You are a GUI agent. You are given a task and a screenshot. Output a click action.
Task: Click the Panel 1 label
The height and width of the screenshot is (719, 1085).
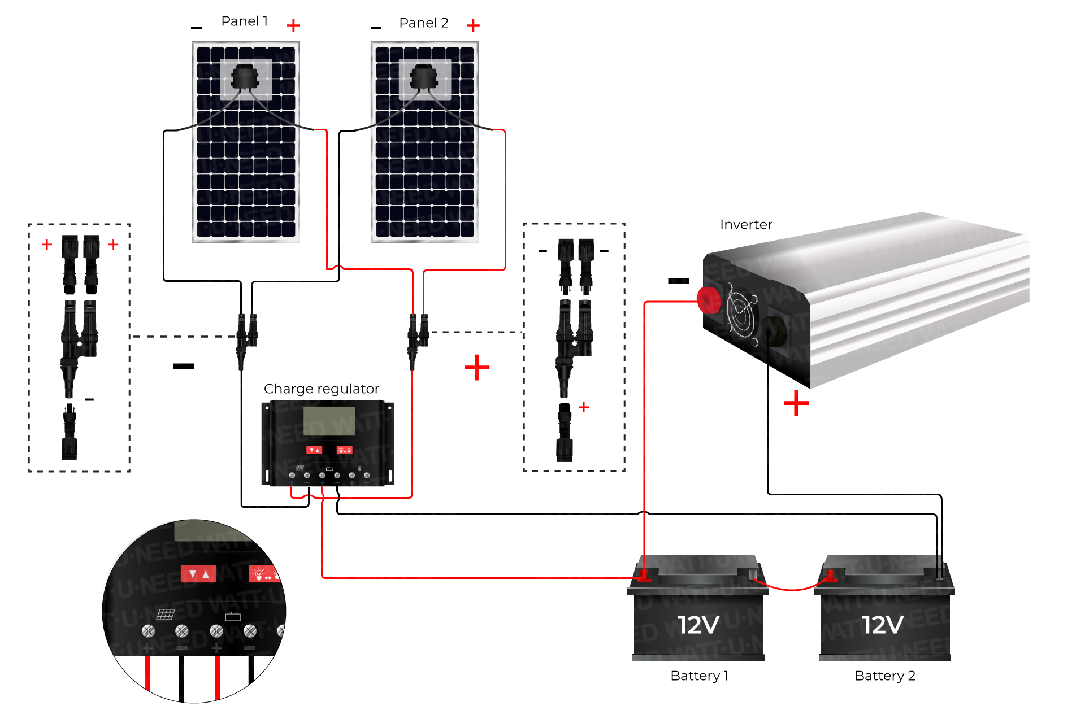point(244,21)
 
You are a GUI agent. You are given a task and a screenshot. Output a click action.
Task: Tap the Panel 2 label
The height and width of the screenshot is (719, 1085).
point(423,23)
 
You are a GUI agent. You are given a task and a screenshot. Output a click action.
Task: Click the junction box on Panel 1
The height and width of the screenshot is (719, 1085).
point(245,78)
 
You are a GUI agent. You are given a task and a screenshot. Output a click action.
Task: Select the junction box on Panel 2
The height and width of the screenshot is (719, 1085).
point(424,78)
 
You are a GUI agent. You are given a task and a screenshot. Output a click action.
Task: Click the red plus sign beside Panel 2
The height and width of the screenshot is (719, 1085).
point(473,25)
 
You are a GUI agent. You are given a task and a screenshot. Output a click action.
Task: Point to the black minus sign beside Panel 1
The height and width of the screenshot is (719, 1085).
point(196,28)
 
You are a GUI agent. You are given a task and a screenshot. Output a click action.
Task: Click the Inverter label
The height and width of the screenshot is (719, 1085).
point(745,225)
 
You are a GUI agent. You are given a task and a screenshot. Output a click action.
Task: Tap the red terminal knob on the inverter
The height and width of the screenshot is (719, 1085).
point(709,300)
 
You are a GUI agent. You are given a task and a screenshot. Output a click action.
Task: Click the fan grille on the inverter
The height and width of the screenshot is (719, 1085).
point(741,314)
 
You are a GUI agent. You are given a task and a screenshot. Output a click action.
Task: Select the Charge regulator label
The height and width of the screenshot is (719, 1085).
point(321,389)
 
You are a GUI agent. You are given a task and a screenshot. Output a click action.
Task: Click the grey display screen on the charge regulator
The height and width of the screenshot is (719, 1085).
point(329,421)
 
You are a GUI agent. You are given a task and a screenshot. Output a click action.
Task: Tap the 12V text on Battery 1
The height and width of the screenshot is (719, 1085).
point(698,625)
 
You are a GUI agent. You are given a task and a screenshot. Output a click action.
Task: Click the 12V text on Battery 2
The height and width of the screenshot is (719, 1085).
point(882,625)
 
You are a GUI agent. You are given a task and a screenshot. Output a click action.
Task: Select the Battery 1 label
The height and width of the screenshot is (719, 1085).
point(699,676)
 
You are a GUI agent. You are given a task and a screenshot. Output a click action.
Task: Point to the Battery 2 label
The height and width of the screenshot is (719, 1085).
point(884,676)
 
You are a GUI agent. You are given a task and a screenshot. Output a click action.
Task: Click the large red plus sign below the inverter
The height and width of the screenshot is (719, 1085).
point(796,403)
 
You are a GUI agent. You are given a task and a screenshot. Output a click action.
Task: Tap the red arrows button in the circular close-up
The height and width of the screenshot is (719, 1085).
point(198,574)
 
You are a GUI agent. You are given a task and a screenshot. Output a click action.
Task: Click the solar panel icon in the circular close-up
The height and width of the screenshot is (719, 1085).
point(166,614)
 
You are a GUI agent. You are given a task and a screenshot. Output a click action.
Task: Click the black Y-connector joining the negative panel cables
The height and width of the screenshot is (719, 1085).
point(246,338)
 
